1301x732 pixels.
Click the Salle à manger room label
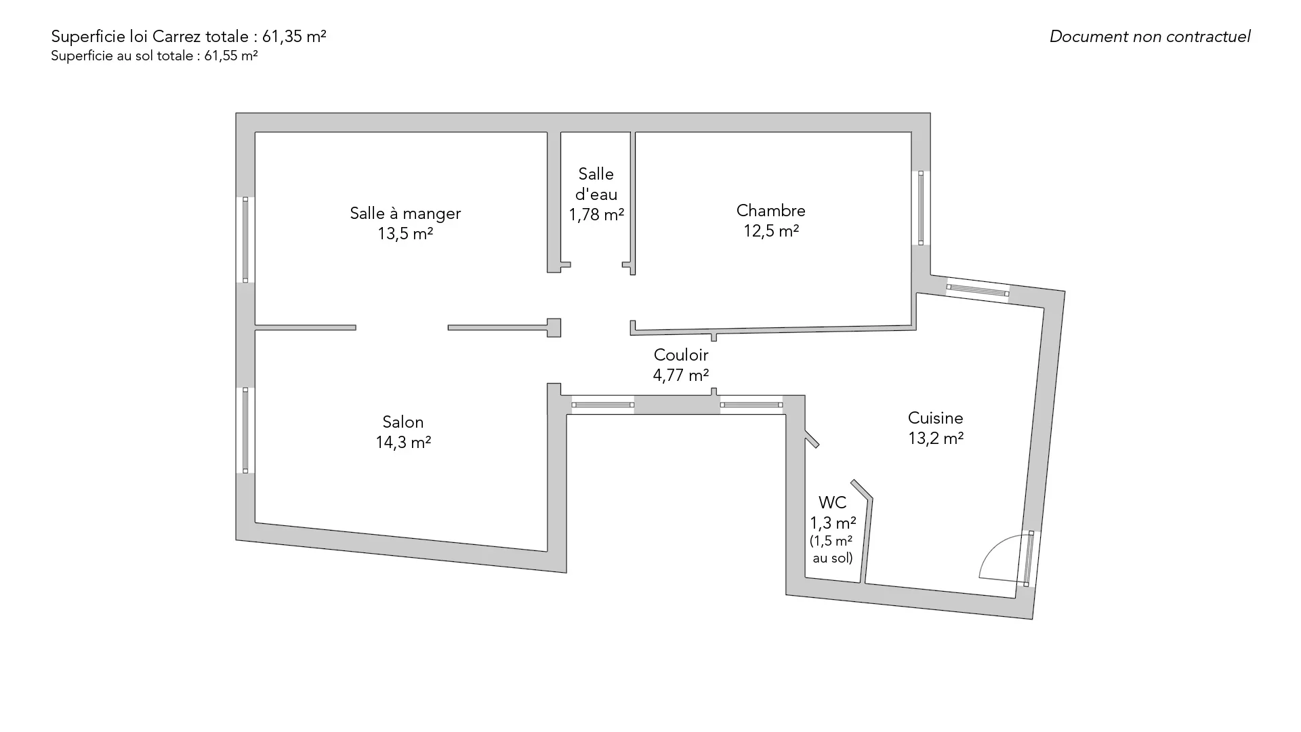[x=405, y=213]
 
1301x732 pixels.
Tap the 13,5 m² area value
[x=405, y=234]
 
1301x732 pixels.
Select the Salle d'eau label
[x=596, y=184]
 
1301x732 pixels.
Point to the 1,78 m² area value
[x=596, y=215]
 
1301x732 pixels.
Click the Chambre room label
[x=771, y=211]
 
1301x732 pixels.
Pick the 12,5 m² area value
[x=771, y=231]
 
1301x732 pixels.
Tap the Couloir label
[x=681, y=355]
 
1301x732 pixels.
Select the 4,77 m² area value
[x=681, y=375]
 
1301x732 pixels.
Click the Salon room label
[x=403, y=422]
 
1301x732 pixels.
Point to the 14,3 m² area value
[x=403, y=443]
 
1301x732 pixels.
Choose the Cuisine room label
[x=936, y=418]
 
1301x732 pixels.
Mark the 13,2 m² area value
[x=936, y=439]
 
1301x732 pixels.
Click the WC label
[x=833, y=503]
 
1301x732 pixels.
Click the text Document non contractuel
[x=1150, y=37]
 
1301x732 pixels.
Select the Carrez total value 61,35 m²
[x=294, y=37]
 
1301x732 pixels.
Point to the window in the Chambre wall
[x=921, y=208]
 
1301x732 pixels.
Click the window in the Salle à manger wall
[x=245, y=239]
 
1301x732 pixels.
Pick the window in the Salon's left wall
[x=245, y=430]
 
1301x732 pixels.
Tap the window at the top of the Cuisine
[x=978, y=290]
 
